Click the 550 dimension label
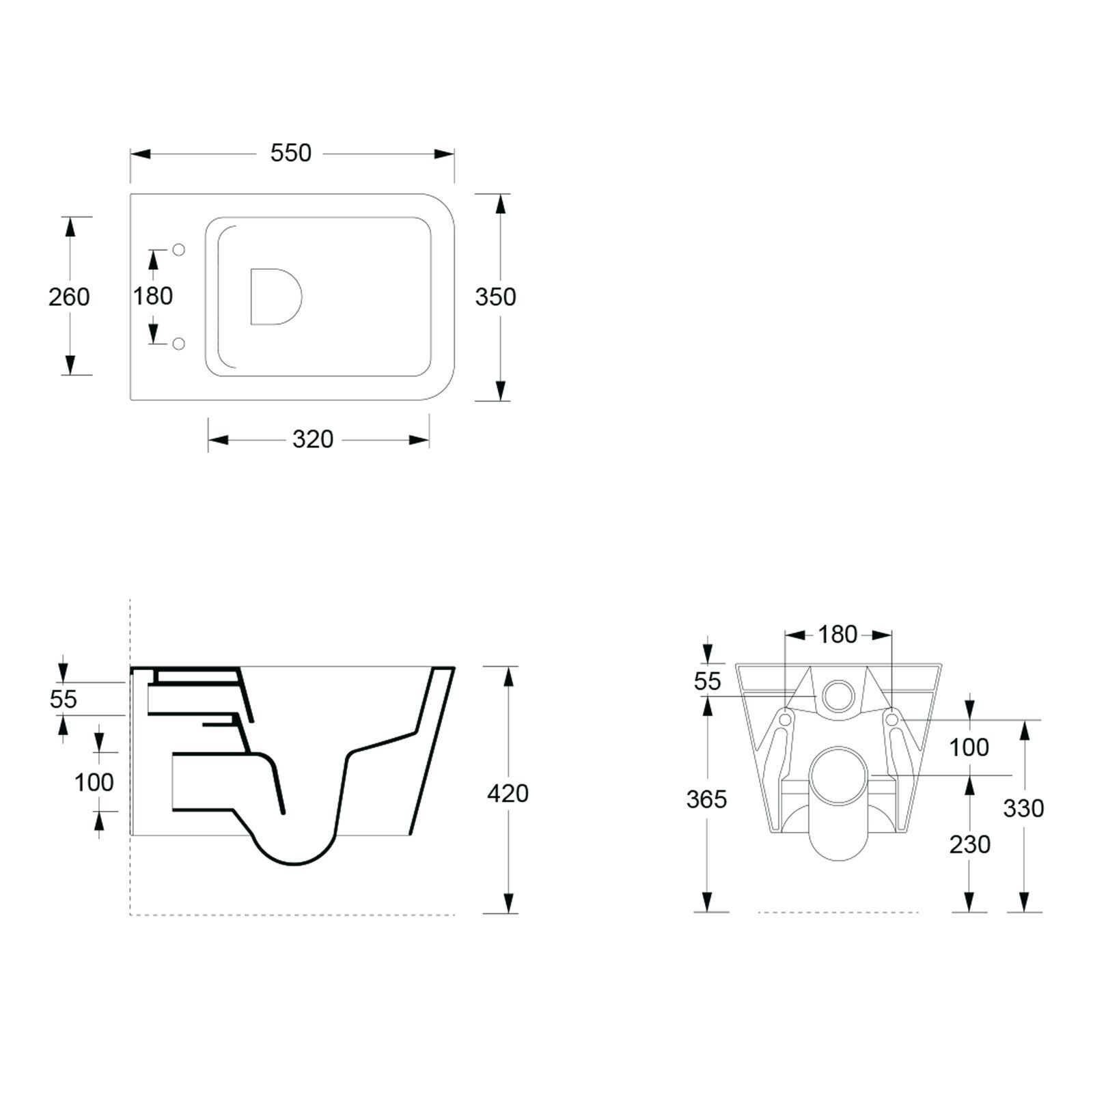pyautogui.click(x=291, y=153)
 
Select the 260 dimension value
pyautogui.click(x=69, y=297)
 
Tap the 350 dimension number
pyautogui.click(x=495, y=297)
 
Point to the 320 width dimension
pyautogui.click(x=313, y=439)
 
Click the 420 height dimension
pyautogui.click(x=508, y=794)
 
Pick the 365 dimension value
pyautogui.click(x=706, y=799)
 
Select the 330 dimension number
pyautogui.click(x=1023, y=809)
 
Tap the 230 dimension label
pyautogui.click(x=969, y=845)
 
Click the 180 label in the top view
pyautogui.click(x=153, y=296)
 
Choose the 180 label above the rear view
pyautogui.click(x=838, y=635)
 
